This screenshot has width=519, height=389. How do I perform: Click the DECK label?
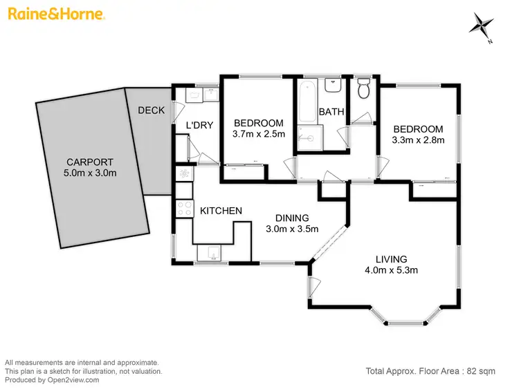pyautogui.click(x=150, y=111)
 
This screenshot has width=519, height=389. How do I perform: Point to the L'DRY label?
pyautogui.click(x=199, y=125)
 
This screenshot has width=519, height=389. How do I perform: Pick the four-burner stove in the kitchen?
pyautogui.click(x=185, y=208)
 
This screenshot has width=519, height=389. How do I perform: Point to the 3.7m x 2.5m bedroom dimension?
pyautogui.click(x=259, y=135)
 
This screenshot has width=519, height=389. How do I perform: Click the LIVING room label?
pyautogui.click(x=392, y=259)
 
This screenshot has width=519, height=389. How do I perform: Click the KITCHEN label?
pyautogui.click(x=221, y=211)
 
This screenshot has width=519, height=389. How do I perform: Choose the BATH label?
pyautogui.click(x=331, y=112)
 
